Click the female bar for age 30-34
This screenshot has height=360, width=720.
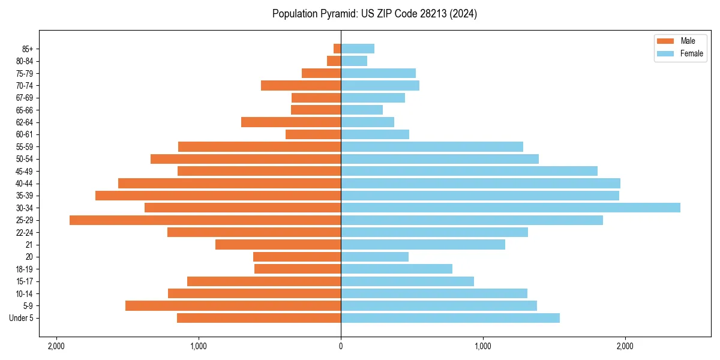coord(510,208)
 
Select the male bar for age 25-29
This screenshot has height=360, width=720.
coord(205,220)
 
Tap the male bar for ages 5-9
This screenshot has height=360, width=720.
coord(233,306)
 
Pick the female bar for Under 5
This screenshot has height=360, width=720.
coord(450,318)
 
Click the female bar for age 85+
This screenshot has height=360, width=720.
coord(358,49)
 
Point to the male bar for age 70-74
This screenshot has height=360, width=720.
coord(301,85)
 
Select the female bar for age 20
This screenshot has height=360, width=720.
coord(374,257)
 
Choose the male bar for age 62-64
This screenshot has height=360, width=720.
coord(291,122)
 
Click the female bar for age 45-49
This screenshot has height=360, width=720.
coord(469,171)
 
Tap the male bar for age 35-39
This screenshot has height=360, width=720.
coord(218,196)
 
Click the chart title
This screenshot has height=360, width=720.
coord(374,14)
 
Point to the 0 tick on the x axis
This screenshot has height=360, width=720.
coord(341,346)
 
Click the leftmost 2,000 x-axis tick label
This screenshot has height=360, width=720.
coord(56,346)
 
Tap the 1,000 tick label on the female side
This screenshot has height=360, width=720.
coord(483,346)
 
